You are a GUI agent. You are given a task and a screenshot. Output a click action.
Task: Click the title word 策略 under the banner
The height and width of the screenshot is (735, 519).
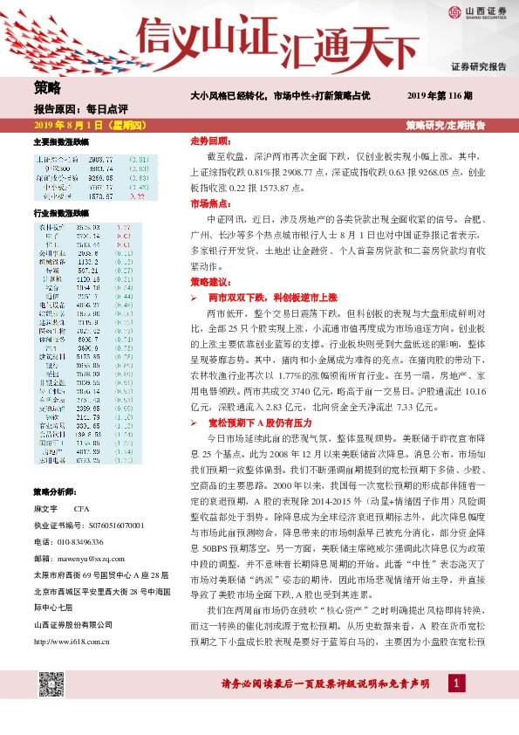48,87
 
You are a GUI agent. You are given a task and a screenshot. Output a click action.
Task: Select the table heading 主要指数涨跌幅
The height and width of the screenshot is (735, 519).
61,141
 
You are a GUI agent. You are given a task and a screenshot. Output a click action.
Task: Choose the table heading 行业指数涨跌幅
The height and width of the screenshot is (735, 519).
61,213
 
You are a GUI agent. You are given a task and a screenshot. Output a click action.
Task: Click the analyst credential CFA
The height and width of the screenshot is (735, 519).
82,507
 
